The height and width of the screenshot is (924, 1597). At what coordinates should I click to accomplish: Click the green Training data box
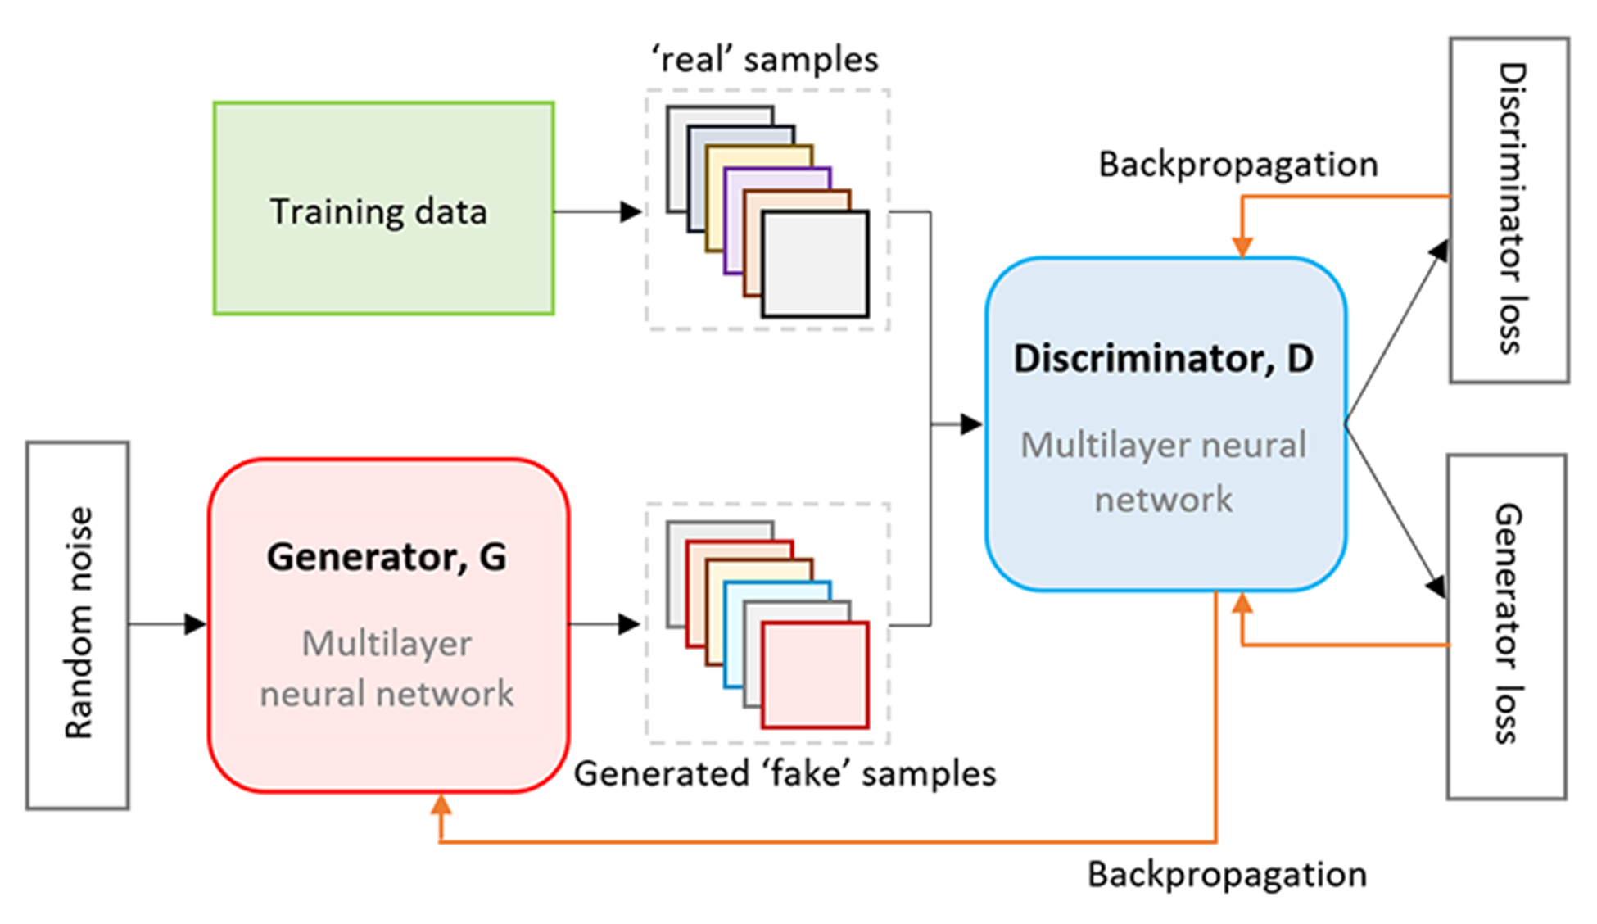(383, 208)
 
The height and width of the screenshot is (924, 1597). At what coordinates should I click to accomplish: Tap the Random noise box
(78, 626)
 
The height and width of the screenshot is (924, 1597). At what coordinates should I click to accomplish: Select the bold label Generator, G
(387, 557)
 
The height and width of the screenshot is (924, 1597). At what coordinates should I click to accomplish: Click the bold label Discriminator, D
(1164, 359)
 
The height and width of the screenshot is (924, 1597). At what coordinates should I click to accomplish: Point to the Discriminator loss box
(1509, 210)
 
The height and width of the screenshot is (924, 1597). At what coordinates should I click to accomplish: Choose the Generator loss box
(1507, 627)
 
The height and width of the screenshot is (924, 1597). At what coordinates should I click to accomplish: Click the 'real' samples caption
(764, 60)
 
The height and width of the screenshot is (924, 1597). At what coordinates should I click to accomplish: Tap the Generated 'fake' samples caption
(785, 773)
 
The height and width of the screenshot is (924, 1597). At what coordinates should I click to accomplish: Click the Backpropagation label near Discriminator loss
(1238, 165)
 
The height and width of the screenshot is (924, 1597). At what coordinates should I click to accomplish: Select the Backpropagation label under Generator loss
(1227, 875)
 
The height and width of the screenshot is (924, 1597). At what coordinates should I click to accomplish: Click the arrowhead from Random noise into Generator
(196, 624)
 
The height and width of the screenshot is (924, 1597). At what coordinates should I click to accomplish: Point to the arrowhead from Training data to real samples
(631, 212)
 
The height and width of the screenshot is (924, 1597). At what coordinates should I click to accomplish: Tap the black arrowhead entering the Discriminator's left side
(971, 424)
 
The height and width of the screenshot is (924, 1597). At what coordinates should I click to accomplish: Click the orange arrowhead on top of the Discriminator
(1242, 246)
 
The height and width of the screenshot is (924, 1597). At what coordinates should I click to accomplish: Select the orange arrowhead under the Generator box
(441, 804)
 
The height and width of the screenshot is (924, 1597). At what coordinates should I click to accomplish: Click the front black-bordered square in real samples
(815, 264)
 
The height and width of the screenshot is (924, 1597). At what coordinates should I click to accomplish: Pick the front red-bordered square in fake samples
(815, 675)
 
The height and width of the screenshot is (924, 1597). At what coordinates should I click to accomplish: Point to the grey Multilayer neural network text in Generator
(387, 668)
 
